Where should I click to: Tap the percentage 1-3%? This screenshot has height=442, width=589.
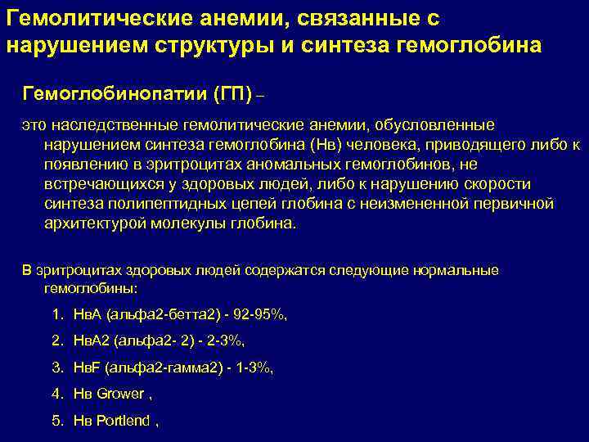tap(250, 368)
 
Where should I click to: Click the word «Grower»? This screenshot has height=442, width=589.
tap(119, 394)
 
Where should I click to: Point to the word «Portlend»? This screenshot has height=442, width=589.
tap(123, 421)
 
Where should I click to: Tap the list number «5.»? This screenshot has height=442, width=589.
tap(57, 421)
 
